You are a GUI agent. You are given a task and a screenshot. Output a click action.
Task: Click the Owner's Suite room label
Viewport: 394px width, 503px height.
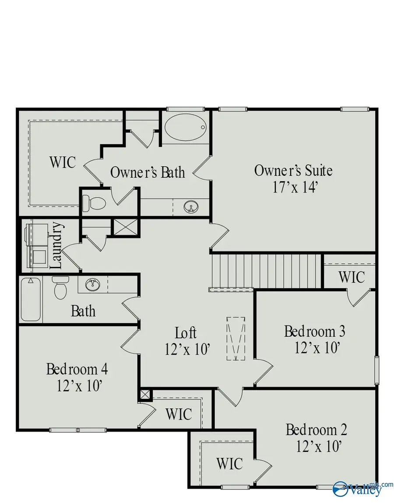click(x=293, y=170)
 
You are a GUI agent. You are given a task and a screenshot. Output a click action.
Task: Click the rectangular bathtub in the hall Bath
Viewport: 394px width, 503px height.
click(x=32, y=300)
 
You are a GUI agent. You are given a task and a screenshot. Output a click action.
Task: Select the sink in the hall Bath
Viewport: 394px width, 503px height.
click(x=93, y=285)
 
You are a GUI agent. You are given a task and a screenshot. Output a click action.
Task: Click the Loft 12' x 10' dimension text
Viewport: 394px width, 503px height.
click(x=188, y=349)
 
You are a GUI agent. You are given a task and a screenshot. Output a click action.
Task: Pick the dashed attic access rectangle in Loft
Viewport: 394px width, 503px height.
click(x=236, y=339)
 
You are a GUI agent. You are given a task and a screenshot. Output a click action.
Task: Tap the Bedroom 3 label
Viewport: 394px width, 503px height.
click(x=314, y=331)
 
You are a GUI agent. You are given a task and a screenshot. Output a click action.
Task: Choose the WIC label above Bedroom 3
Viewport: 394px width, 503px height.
click(x=352, y=277)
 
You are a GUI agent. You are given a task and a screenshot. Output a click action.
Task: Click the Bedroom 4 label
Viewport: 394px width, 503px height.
click(x=77, y=369)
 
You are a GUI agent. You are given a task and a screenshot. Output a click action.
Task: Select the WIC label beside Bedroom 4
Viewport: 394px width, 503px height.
click(x=179, y=413)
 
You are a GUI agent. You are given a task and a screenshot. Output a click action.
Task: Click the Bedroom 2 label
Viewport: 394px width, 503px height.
click(x=317, y=430)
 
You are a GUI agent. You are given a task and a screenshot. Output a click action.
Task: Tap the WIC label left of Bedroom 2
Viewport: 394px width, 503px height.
click(x=229, y=463)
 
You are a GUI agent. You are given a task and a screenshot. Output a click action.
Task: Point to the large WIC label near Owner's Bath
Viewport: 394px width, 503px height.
click(x=62, y=162)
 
